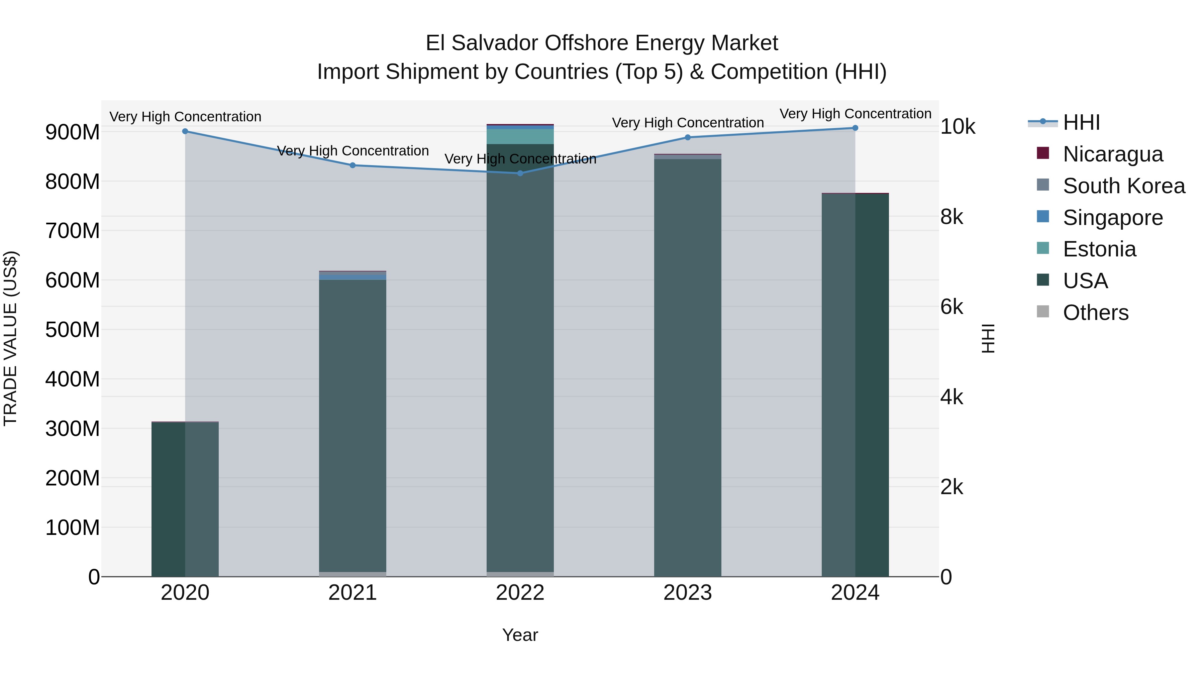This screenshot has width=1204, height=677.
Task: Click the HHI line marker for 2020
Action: click(185, 131)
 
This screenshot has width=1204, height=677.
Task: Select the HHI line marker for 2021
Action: click(353, 165)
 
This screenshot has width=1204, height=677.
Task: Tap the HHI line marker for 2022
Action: click(520, 173)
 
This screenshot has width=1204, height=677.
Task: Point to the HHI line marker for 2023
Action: click(688, 137)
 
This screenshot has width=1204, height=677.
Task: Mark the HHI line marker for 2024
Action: click(855, 128)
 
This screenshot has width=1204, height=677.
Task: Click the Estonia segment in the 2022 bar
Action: click(520, 136)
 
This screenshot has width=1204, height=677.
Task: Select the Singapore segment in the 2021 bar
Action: click(353, 276)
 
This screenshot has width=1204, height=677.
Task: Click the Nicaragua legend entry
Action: click(1112, 154)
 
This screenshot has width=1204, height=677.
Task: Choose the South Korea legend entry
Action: click(1124, 186)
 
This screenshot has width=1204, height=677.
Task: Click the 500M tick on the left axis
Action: click(73, 330)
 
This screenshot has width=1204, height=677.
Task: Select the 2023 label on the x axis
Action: click(688, 593)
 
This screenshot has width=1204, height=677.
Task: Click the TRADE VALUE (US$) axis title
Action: click(10, 338)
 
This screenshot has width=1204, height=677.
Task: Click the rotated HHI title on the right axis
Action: click(988, 338)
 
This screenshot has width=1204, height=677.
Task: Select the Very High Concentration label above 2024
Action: click(855, 114)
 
